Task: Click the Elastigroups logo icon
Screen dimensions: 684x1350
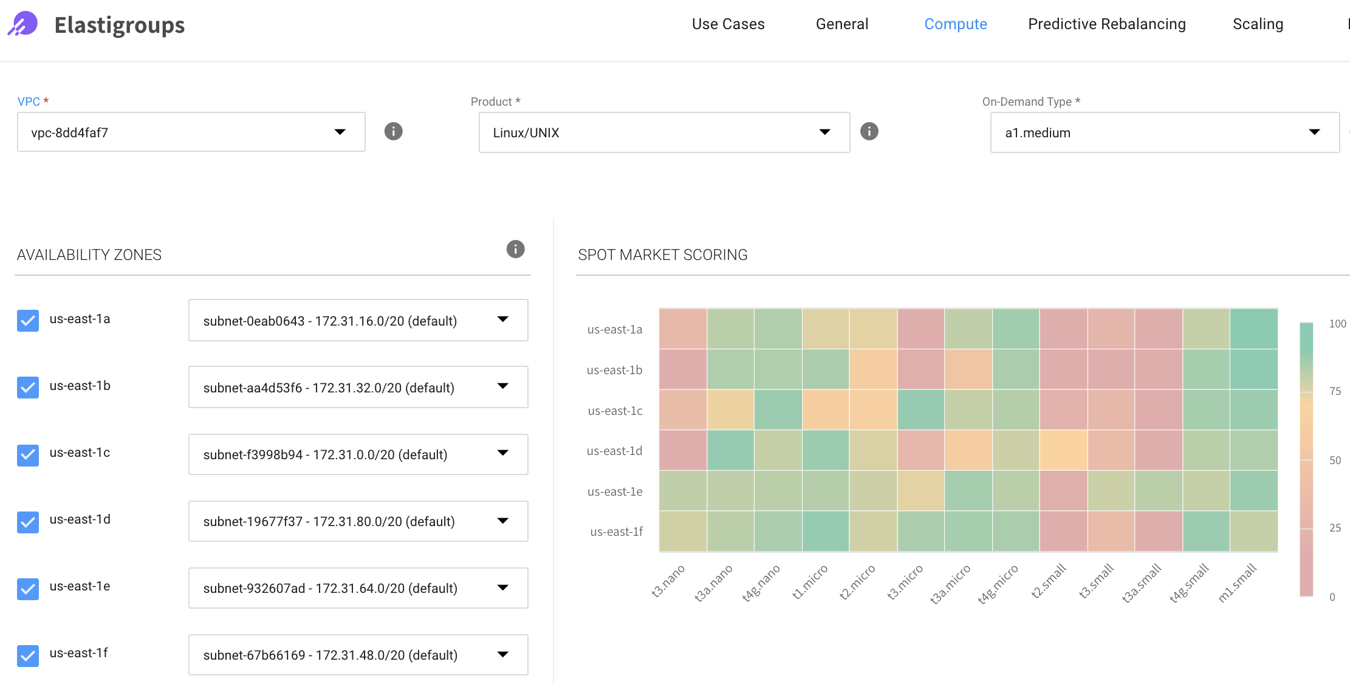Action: [23, 24]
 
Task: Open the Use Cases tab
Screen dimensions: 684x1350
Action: [728, 24]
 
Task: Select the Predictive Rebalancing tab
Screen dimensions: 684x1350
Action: [1106, 24]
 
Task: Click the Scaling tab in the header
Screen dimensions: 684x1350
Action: [1258, 24]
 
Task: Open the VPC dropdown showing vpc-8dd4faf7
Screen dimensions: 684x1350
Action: [191, 132]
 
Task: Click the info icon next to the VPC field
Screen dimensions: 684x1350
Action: [394, 131]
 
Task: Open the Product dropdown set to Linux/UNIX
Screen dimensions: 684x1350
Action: [663, 132]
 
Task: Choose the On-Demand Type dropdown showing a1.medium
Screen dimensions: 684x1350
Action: [1164, 132]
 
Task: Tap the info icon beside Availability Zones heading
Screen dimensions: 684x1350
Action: [515, 249]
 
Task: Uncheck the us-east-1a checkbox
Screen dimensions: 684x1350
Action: [28, 320]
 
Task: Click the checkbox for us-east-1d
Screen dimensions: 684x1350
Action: [28, 521]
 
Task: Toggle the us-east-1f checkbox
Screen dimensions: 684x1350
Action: [28, 655]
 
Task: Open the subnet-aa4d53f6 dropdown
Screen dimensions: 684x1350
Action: [358, 388]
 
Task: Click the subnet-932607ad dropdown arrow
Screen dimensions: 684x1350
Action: [502, 587]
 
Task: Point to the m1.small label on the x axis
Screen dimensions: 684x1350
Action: [1237, 583]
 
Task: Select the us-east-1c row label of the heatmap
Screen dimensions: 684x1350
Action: [615, 411]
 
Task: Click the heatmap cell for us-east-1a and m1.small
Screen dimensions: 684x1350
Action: [1253, 329]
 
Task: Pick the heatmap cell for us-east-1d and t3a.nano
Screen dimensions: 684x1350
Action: [730, 450]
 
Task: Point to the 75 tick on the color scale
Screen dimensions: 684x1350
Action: [1335, 391]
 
